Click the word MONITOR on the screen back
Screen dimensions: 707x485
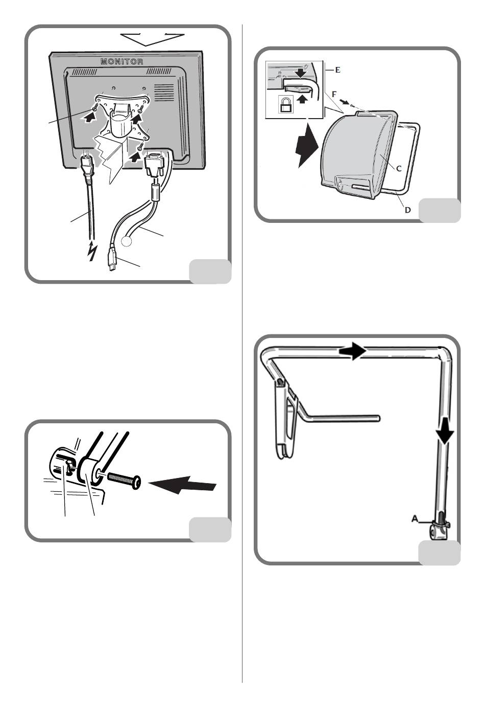(x=122, y=61)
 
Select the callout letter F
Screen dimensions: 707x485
(x=334, y=95)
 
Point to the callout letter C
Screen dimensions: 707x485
(x=399, y=168)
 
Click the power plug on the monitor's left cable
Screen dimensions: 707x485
(x=86, y=167)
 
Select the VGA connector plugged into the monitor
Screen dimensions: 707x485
(x=154, y=165)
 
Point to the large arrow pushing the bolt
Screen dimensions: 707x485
(x=184, y=483)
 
